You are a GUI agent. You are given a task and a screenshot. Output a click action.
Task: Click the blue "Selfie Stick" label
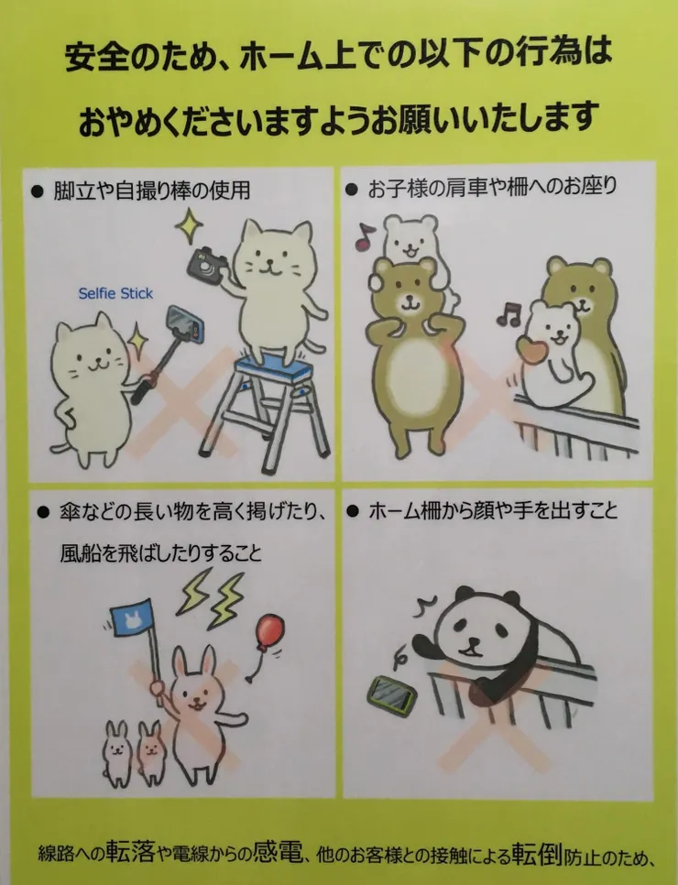pyautogui.click(x=115, y=293)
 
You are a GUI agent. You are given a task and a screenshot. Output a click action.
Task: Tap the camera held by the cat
pyautogui.click(x=207, y=264)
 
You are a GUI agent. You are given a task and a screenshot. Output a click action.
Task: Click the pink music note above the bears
pyautogui.click(x=364, y=236)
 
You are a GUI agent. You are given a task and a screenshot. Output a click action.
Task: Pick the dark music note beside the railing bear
pyautogui.click(x=508, y=313)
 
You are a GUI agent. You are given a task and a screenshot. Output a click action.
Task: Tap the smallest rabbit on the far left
pyautogui.click(x=117, y=754)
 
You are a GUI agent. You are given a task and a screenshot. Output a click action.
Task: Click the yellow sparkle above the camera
pyautogui.click(x=189, y=225)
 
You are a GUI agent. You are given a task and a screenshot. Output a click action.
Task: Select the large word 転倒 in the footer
pyautogui.click(x=536, y=854)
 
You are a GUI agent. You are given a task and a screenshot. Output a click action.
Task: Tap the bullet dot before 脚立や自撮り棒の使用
pyautogui.click(x=38, y=191)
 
